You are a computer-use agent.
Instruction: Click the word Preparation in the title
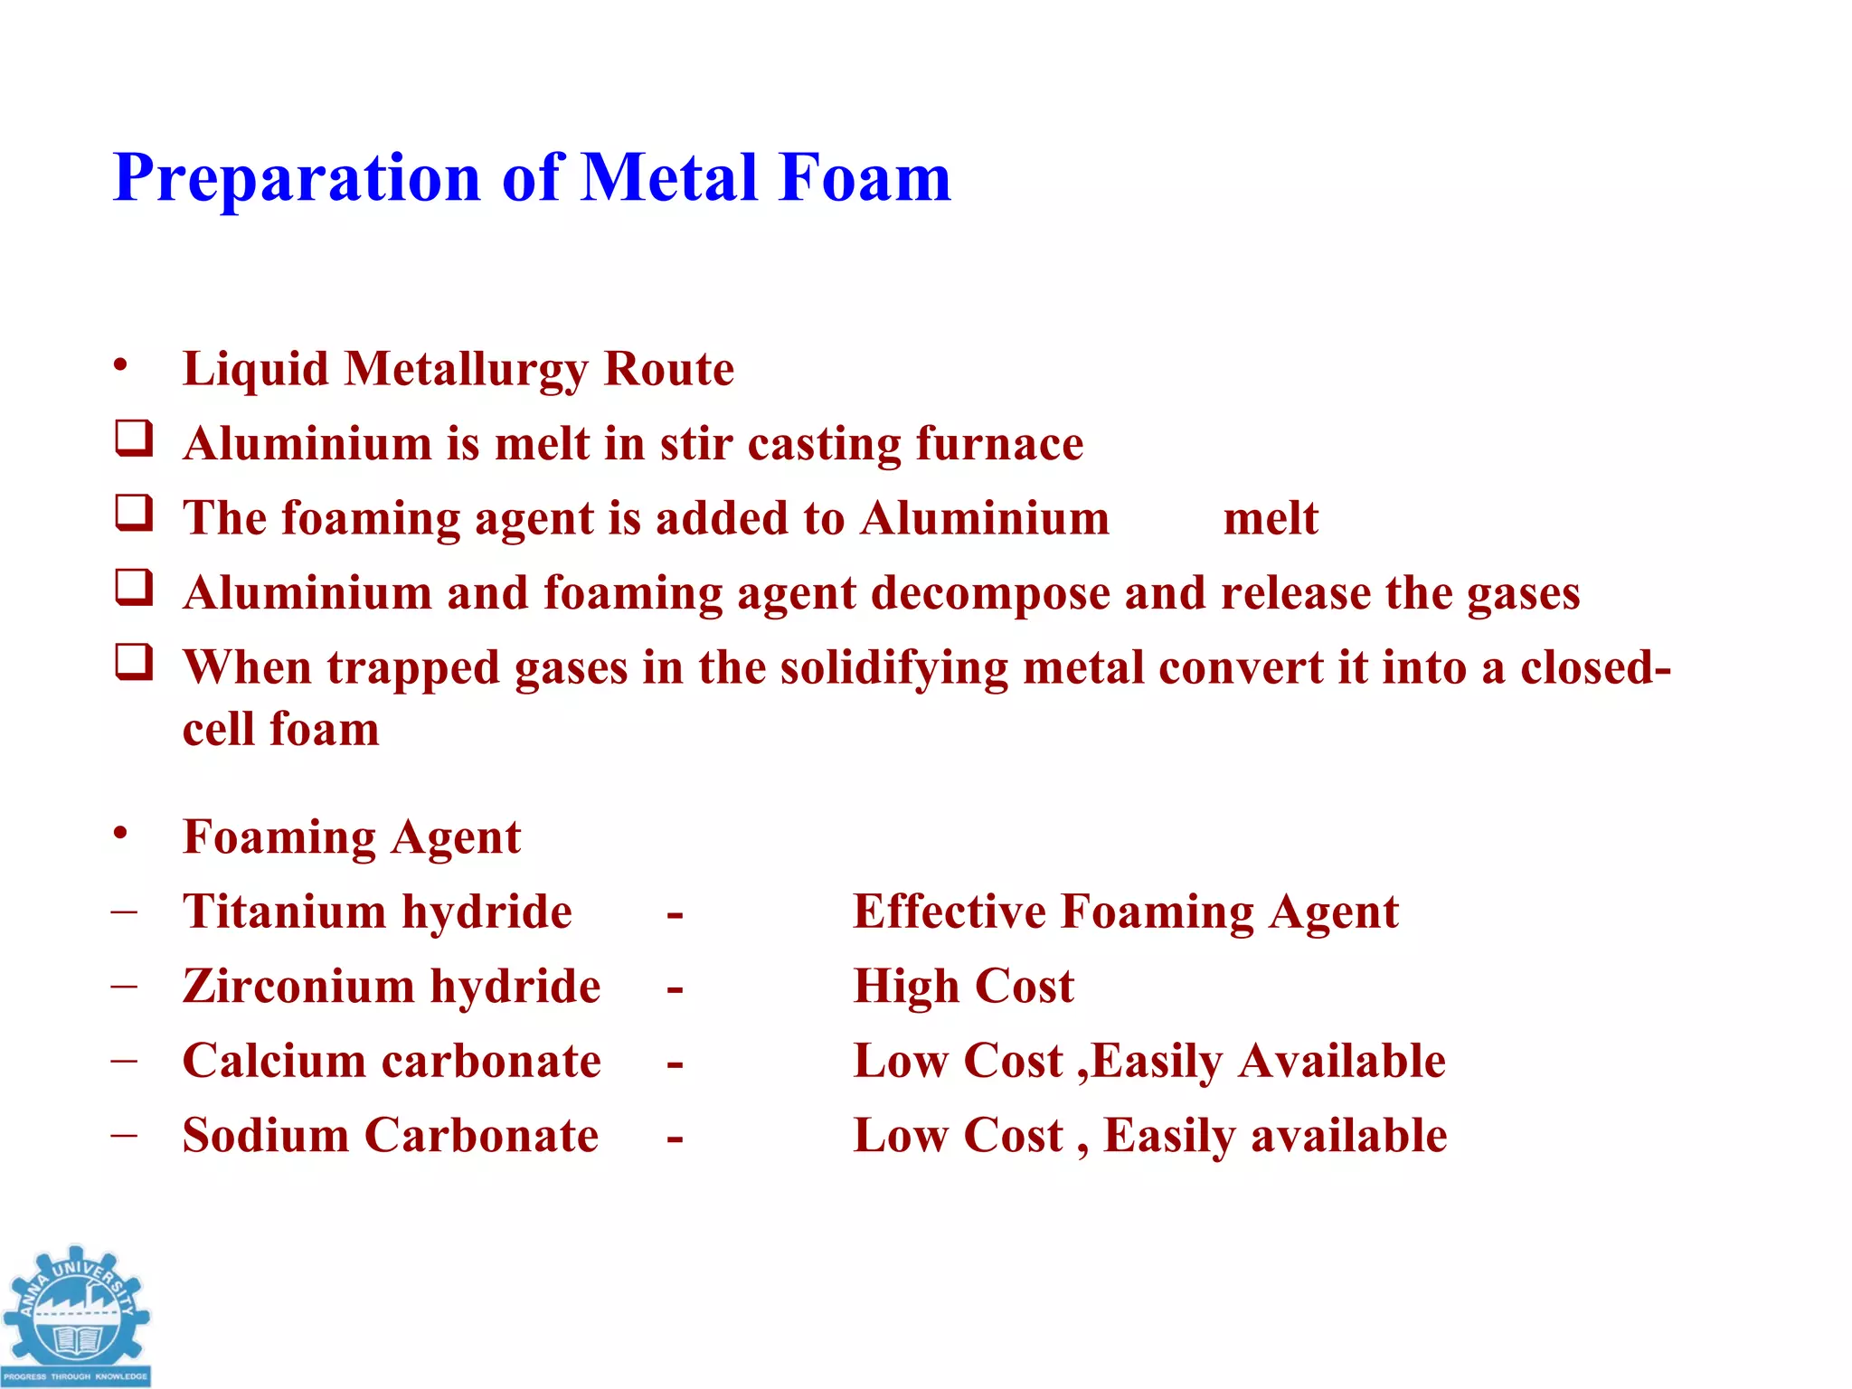point(297,178)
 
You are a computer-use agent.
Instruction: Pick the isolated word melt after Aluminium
point(1271,519)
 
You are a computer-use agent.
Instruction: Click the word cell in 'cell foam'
point(218,729)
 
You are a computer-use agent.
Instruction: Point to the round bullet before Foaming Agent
point(120,834)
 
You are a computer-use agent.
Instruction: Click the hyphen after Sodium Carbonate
point(675,1139)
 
